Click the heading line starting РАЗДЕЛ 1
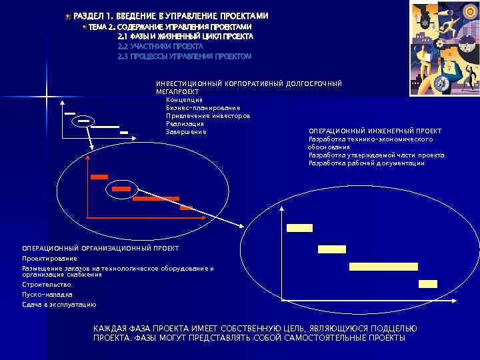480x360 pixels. (x=171, y=15)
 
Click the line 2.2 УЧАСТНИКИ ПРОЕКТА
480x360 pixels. (x=160, y=47)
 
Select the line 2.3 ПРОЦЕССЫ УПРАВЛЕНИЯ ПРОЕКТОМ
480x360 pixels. (x=184, y=57)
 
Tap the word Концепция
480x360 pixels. (x=184, y=99)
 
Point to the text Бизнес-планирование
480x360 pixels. (x=203, y=107)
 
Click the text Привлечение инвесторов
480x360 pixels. (x=207, y=115)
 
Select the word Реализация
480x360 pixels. (x=185, y=123)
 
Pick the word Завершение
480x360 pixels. (x=186, y=131)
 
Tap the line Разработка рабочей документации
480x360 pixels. (x=366, y=163)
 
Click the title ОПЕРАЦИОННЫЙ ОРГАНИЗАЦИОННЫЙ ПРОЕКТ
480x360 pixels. (x=100, y=248)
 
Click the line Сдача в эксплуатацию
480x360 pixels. (x=59, y=305)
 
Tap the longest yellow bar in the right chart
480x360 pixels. (x=383, y=267)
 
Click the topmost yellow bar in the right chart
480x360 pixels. (x=299, y=227)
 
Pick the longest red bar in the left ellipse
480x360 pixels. (x=155, y=199)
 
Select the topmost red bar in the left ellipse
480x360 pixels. (x=99, y=177)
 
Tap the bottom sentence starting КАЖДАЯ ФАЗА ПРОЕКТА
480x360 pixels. (x=255, y=333)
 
